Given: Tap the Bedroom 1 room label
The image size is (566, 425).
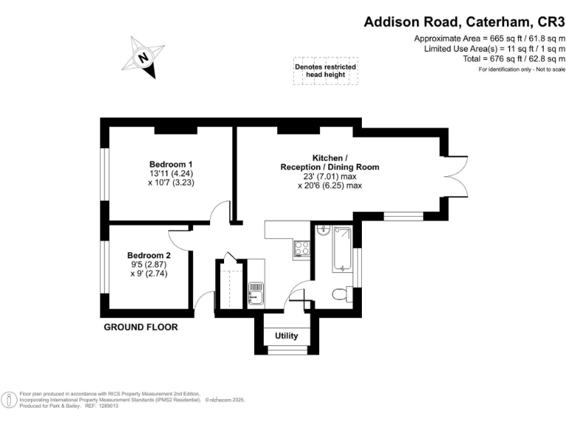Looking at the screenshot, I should [171, 164].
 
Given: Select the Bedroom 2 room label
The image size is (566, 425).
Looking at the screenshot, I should [149, 255].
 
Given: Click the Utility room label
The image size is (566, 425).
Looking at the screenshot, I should [287, 336].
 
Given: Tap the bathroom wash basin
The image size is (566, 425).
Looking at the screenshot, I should [321, 231].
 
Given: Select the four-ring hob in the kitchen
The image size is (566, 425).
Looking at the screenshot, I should [301, 249].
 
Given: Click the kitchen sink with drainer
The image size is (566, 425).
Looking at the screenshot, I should [256, 292].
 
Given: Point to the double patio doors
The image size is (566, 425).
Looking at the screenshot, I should [458, 176].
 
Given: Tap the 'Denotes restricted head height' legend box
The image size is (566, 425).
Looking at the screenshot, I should [325, 71].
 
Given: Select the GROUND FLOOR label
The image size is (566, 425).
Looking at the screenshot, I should [141, 327].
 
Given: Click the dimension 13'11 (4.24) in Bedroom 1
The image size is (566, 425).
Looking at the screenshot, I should [171, 173].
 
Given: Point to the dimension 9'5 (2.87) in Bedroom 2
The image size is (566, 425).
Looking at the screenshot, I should [149, 264].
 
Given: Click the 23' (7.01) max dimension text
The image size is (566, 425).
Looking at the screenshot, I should [330, 177].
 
